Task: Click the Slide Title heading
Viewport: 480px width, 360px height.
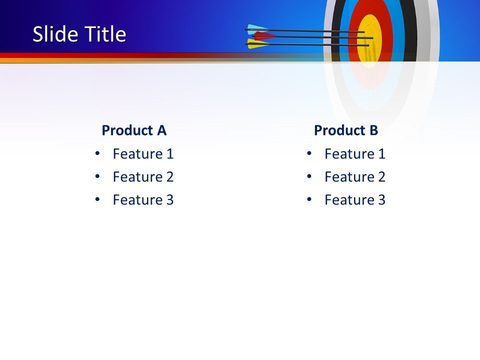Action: pyautogui.click(x=79, y=34)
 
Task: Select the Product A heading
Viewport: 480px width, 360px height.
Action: pyautogui.click(x=133, y=130)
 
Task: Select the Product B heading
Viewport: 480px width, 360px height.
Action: pyautogui.click(x=346, y=130)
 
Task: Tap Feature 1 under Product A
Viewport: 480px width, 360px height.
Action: pyautogui.click(x=143, y=154)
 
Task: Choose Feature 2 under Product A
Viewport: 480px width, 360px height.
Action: pyautogui.click(x=143, y=177)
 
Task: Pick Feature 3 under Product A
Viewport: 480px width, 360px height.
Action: pyautogui.click(x=143, y=200)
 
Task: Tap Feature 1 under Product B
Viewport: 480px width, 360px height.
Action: pyautogui.click(x=355, y=154)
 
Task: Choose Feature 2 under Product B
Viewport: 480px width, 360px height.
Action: pyautogui.click(x=355, y=177)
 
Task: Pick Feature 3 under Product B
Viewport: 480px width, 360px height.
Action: pyautogui.click(x=355, y=200)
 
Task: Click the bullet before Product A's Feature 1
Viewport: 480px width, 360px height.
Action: pyautogui.click(x=97, y=153)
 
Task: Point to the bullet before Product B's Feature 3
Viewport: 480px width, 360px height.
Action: pyautogui.click(x=309, y=199)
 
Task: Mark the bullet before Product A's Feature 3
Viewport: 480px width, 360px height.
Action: pyautogui.click(x=97, y=199)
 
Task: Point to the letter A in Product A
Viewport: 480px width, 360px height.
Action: pyautogui.click(x=161, y=130)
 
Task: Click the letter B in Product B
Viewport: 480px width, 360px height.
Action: pyautogui.click(x=373, y=130)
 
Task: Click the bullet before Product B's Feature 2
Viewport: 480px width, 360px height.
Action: pyautogui.click(x=309, y=176)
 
